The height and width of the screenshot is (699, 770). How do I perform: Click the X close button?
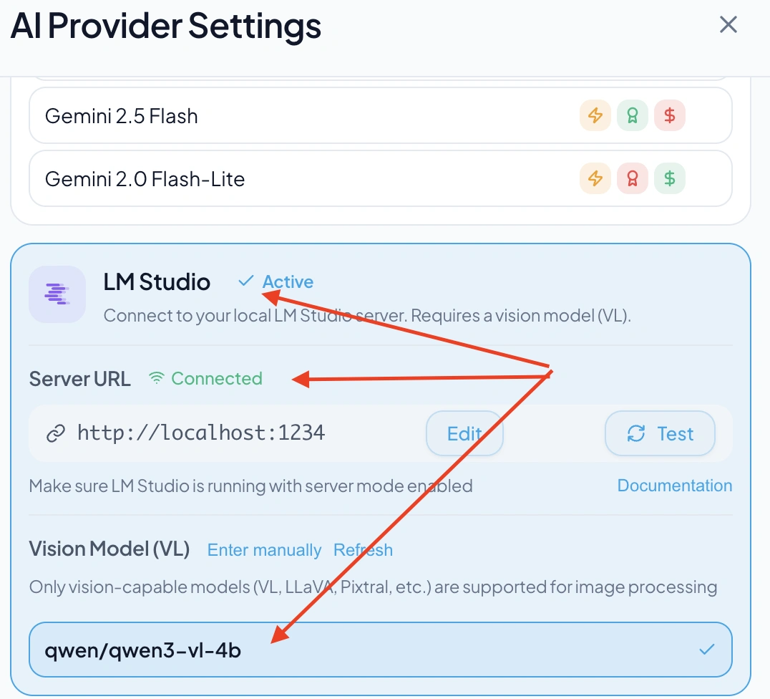[x=728, y=25]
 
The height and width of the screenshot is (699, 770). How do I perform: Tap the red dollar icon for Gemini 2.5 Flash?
[x=670, y=116]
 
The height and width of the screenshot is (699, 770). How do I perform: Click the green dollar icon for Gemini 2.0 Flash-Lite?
[x=670, y=179]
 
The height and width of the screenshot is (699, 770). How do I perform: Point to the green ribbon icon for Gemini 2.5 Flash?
[x=633, y=116]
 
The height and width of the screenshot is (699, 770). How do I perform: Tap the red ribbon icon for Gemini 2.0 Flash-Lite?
[x=633, y=179]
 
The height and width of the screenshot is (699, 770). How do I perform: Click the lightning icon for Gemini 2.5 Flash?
[x=595, y=116]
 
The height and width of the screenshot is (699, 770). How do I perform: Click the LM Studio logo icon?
[x=57, y=294]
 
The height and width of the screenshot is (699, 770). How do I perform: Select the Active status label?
[x=287, y=282]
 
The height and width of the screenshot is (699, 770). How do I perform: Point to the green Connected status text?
[x=216, y=378]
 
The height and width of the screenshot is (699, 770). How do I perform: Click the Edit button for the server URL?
[x=464, y=433]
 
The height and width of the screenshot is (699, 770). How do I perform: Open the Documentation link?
[x=674, y=486]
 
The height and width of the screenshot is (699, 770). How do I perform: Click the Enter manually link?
[x=264, y=550]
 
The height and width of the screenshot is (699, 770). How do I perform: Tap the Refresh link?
[x=363, y=550]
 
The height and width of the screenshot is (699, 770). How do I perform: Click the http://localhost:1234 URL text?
[x=200, y=433]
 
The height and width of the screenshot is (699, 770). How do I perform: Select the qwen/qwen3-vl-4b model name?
[x=143, y=651]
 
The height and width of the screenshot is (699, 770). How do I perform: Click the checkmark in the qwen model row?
[x=706, y=650]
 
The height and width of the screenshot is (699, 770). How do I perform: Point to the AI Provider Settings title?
[x=166, y=26]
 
